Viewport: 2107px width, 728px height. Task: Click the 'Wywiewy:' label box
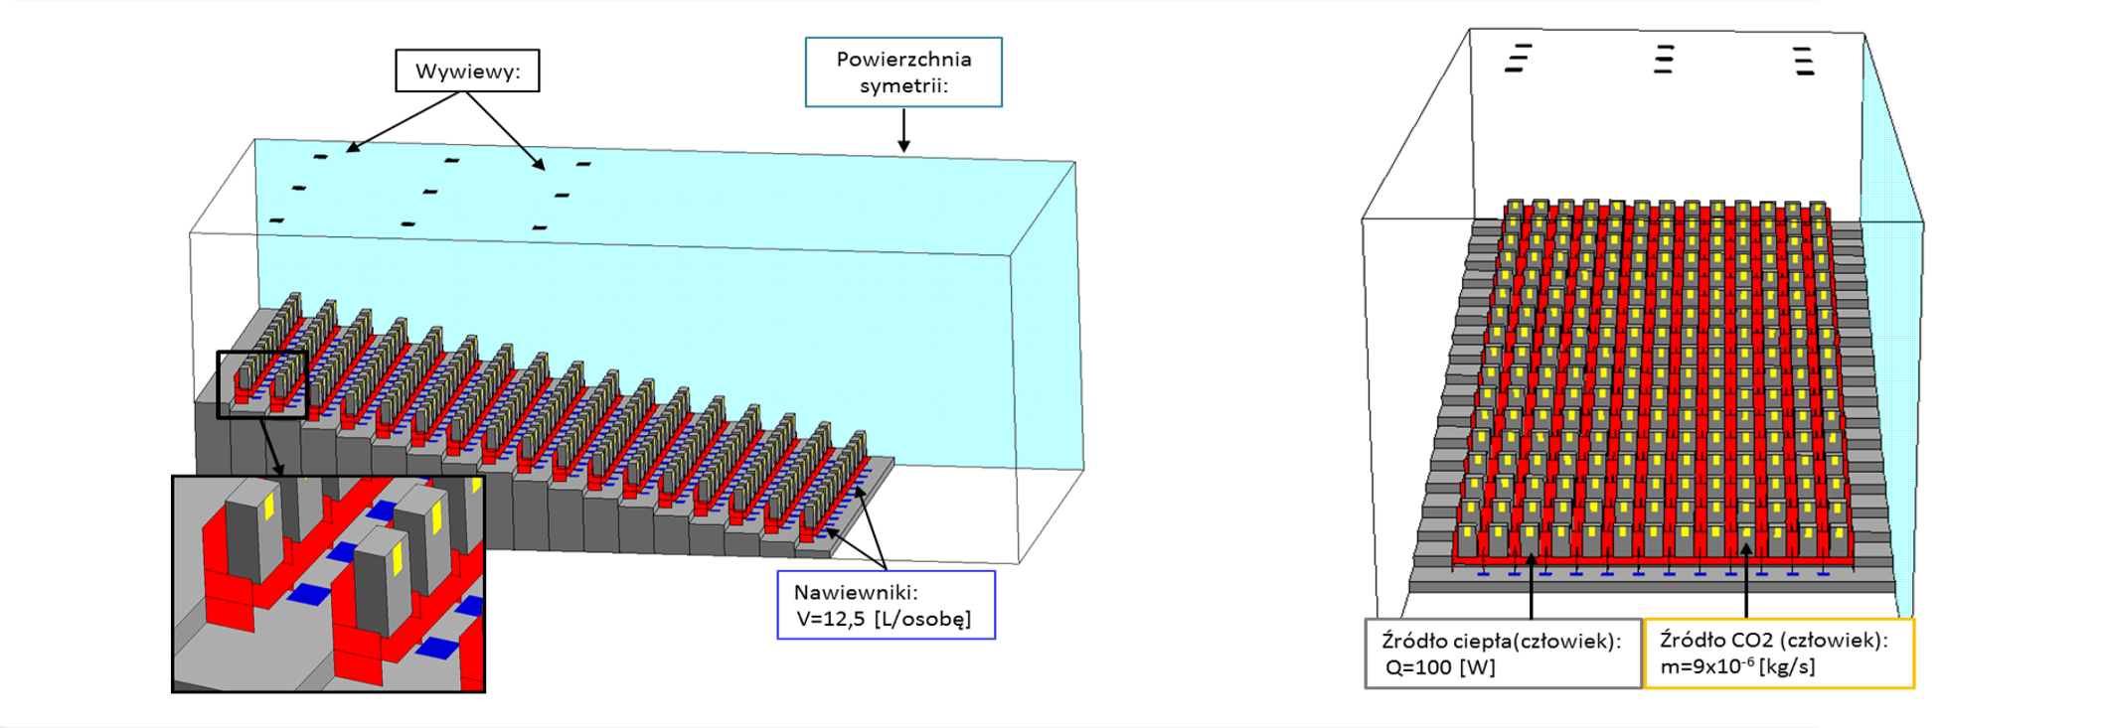pos(467,72)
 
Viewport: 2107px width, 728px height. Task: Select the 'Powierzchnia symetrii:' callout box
pos(903,73)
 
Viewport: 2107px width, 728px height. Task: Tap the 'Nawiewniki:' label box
pos(886,605)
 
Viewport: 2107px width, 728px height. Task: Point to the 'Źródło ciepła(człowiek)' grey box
pos(1503,654)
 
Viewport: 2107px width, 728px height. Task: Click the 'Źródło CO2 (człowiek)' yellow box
pos(1779,654)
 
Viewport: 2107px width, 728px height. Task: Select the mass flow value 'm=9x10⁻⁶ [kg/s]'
pos(1737,666)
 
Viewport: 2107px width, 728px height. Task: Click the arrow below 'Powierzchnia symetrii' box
pos(903,130)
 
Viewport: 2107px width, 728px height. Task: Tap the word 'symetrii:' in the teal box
pos(903,86)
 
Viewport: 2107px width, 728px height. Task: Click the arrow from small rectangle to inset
pos(272,447)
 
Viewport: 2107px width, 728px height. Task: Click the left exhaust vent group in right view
pos(1518,59)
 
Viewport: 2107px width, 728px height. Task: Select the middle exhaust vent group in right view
pos(1664,60)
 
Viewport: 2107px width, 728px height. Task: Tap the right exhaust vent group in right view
pos(1805,61)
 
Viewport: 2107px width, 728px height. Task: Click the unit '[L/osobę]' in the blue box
pos(922,619)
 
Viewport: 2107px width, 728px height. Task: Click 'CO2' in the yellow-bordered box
pos(1754,641)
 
